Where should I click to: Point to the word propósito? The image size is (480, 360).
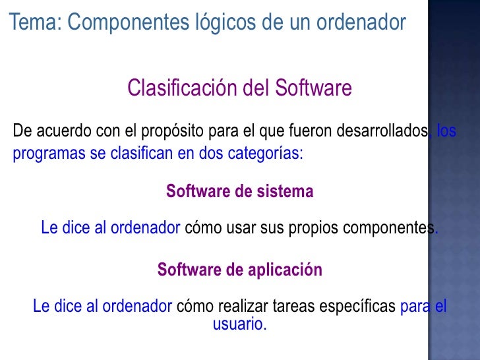pyautogui.click(x=171, y=131)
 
